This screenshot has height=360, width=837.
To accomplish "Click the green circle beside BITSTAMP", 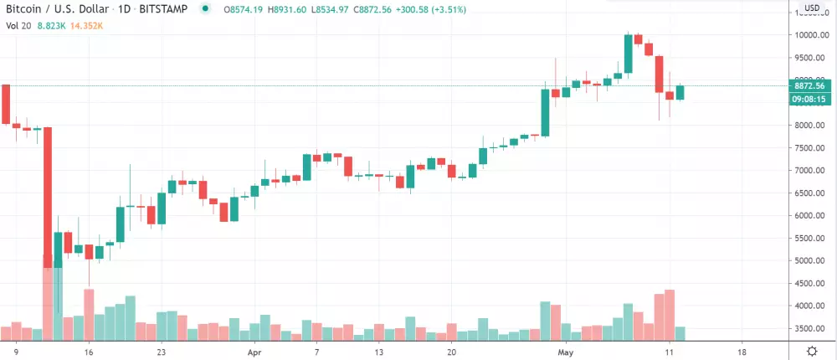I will click(x=205, y=9).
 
